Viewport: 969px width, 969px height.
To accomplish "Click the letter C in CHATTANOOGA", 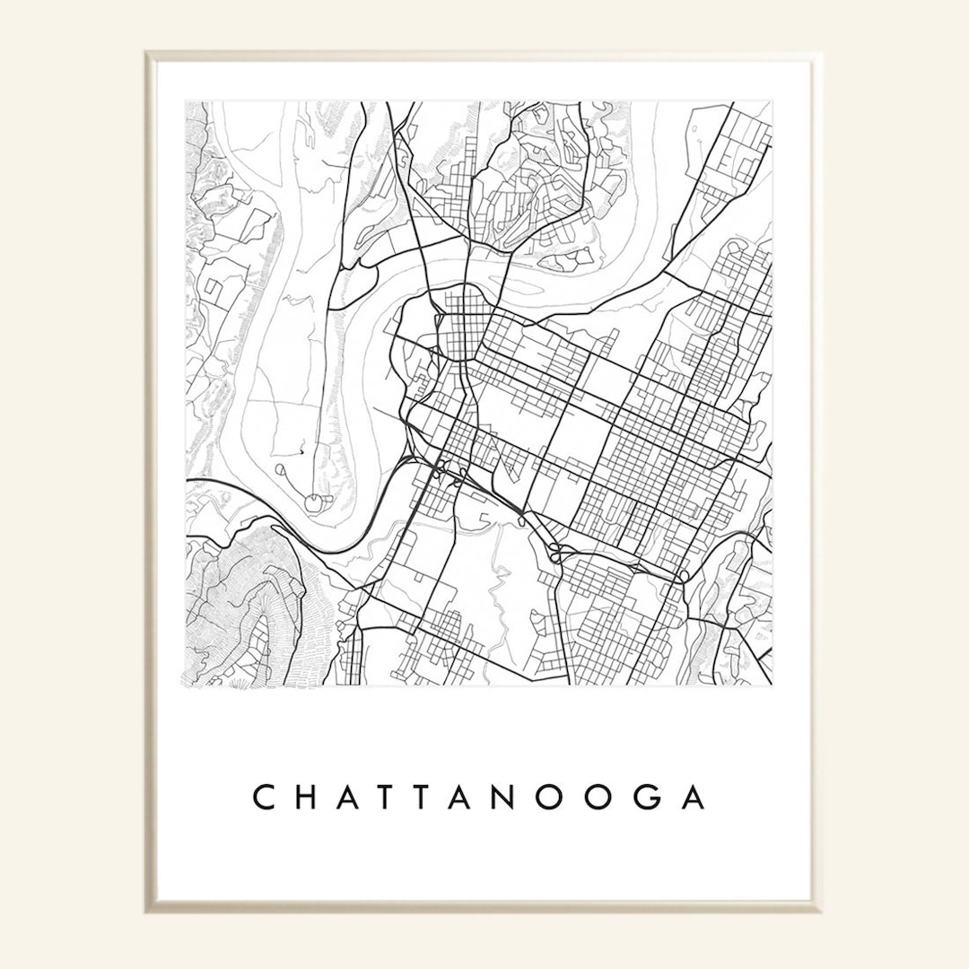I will click(x=265, y=797).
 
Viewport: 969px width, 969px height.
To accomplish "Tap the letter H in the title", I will click(x=310, y=797).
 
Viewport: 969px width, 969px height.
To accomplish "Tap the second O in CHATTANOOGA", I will click(x=636, y=797).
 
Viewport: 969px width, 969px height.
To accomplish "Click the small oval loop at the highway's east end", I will click(x=685, y=575).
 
